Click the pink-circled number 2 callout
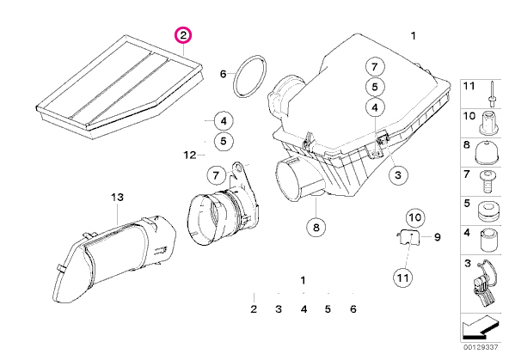(183, 35)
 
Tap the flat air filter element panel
(120, 87)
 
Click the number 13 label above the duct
(117, 197)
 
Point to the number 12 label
(190, 155)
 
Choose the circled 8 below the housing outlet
(316, 227)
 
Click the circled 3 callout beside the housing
(398, 175)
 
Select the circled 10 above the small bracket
(415, 217)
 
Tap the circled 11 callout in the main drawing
(403, 278)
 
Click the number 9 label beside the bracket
(438, 237)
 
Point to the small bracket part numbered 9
(408, 237)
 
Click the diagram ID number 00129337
(480, 347)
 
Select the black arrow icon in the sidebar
(480, 326)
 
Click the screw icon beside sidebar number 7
(488, 181)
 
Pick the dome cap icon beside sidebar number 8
(487, 152)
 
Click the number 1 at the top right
(413, 36)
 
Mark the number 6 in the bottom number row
(353, 309)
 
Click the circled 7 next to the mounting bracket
(217, 175)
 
